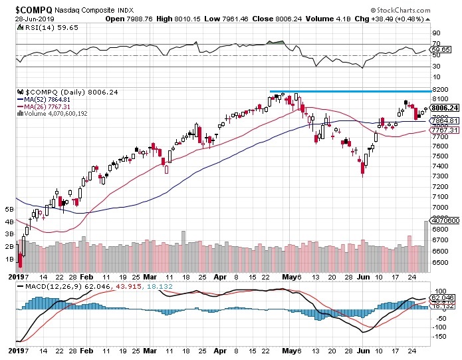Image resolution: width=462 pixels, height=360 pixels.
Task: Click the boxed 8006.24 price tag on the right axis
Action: [445, 108]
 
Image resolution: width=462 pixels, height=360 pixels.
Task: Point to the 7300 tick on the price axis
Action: [438, 176]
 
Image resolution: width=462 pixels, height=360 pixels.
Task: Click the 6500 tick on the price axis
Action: [438, 262]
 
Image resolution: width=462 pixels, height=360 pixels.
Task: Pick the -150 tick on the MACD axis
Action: [439, 337]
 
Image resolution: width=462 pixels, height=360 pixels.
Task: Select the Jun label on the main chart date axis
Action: [363, 276]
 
